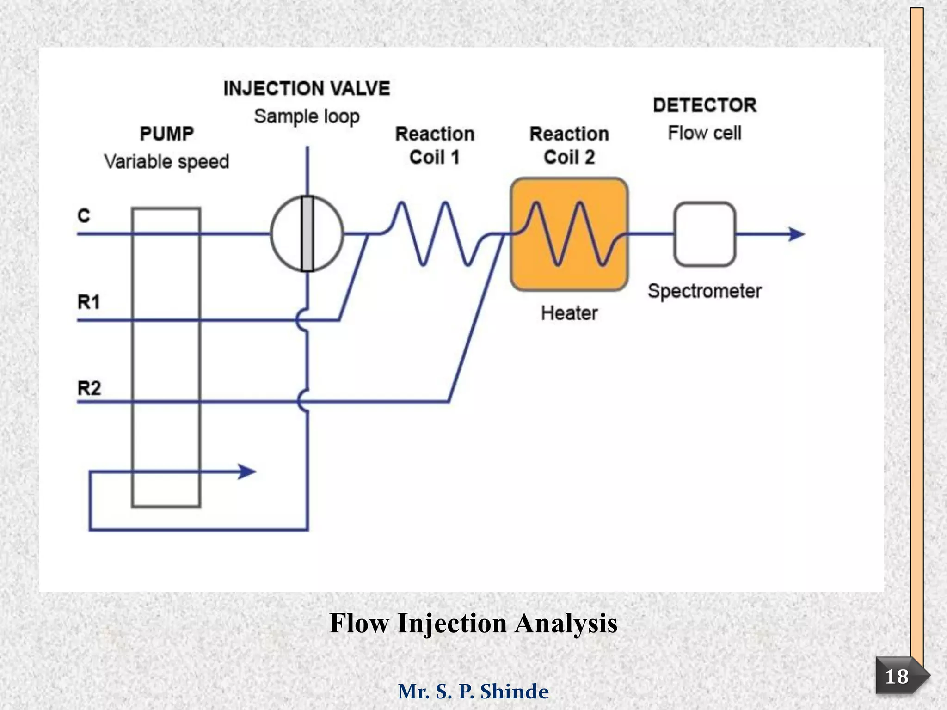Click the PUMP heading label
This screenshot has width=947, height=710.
(x=166, y=134)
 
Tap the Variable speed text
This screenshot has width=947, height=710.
(x=166, y=162)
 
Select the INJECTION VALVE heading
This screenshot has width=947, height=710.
(x=307, y=88)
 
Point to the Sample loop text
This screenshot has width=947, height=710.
(x=307, y=116)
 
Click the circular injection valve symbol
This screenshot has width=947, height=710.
(x=287, y=234)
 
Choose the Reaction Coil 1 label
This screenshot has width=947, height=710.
(x=435, y=145)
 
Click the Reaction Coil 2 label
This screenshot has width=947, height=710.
(x=569, y=145)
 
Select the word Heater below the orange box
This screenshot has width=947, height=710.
(x=569, y=313)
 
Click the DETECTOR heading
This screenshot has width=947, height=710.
(x=705, y=105)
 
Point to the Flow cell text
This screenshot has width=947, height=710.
(x=705, y=133)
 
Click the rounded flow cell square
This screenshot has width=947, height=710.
(x=705, y=234)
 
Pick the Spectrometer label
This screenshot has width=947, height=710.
(x=704, y=291)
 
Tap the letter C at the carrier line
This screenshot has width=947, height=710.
(x=84, y=215)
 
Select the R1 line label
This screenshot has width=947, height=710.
(x=88, y=302)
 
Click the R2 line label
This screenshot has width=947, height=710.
(x=89, y=388)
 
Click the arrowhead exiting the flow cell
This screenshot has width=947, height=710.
(x=796, y=234)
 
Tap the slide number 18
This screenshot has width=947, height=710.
(x=896, y=677)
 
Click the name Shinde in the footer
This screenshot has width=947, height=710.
(x=514, y=692)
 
